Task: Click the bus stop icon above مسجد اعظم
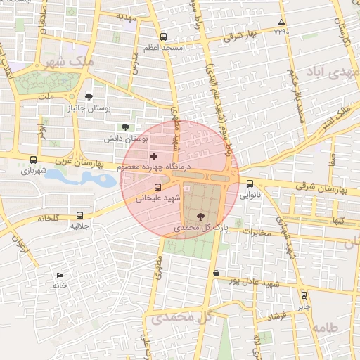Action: click(164, 37)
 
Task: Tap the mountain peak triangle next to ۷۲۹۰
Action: click(282, 22)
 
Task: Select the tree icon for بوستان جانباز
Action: click(89, 98)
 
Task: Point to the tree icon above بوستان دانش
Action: click(125, 127)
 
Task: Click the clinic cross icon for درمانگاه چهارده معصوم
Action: click(154, 155)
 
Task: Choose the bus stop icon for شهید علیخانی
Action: click(157, 188)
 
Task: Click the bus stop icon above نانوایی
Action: click(250, 184)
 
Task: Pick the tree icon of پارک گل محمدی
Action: click(202, 217)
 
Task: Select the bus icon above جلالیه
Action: click(79, 215)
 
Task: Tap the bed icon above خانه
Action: click(60, 275)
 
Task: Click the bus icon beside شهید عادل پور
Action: click(215, 273)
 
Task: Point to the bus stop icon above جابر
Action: click(304, 295)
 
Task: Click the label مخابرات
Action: click(257, 231)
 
